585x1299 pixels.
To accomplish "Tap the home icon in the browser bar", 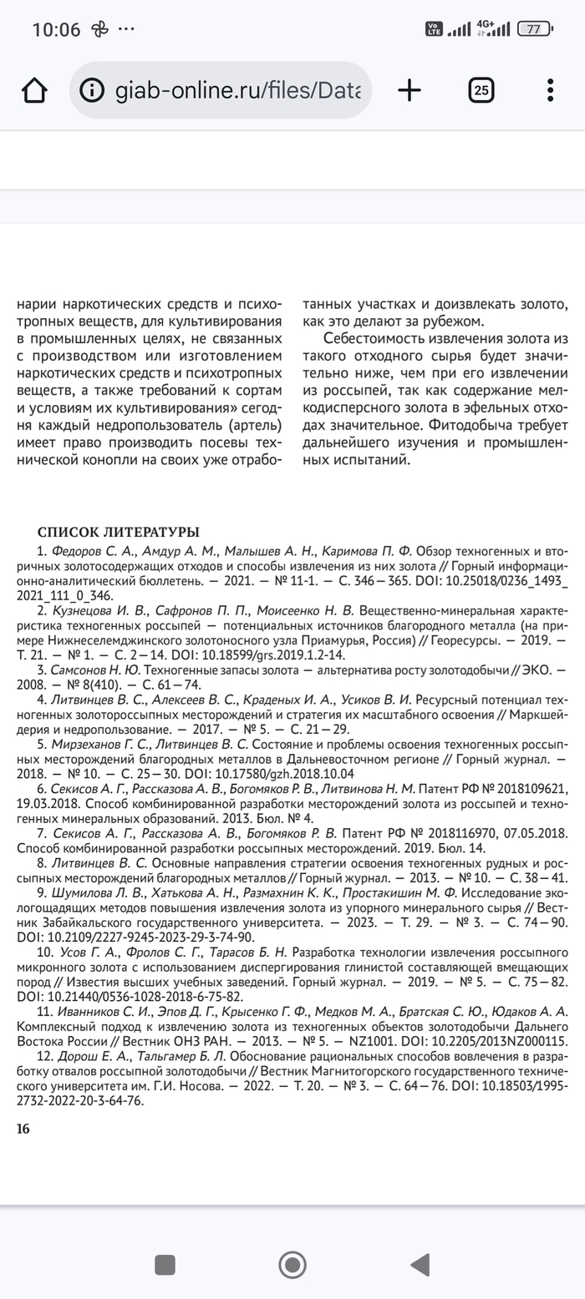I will (34, 90).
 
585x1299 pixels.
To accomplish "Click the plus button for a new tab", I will (409, 90).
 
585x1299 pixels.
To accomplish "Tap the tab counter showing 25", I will (481, 90).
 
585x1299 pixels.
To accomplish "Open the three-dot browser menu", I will (550, 90).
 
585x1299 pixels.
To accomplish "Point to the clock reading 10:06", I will (56, 30).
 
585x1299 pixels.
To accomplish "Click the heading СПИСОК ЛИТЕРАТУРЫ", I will (119, 533).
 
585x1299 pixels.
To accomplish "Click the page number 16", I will (23, 1129).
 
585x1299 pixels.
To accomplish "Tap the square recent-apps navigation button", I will (165, 1265).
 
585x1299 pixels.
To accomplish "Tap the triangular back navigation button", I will (420, 1265).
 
